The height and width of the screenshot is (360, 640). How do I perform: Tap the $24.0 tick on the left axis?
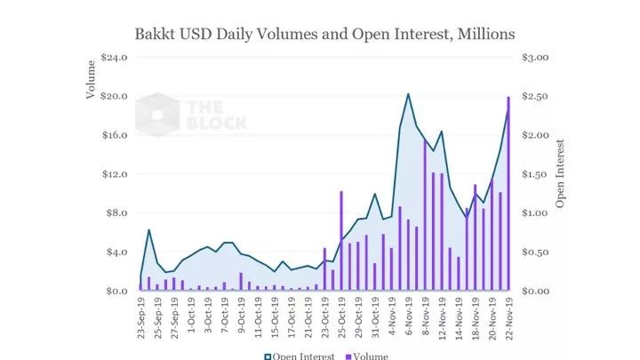tap(116, 57)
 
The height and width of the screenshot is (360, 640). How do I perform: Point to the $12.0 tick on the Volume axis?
tap(116, 174)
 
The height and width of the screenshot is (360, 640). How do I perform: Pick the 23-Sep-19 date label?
tap(141, 323)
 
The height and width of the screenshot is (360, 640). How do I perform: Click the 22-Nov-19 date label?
tap(508, 323)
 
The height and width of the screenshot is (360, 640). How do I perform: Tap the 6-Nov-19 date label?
tap(408, 321)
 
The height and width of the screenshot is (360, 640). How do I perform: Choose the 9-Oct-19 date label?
tap(241, 321)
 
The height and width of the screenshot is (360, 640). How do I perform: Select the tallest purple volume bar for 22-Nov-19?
tap(508, 191)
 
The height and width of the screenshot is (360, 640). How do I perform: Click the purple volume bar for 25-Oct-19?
tap(341, 240)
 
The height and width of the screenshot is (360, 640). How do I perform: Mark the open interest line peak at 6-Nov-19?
tap(408, 93)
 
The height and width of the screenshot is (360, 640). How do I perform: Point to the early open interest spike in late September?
tap(149, 230)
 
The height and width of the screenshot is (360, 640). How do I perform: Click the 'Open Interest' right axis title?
tap(561, 173)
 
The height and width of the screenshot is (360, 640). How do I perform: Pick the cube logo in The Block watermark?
tap(157, 113)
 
